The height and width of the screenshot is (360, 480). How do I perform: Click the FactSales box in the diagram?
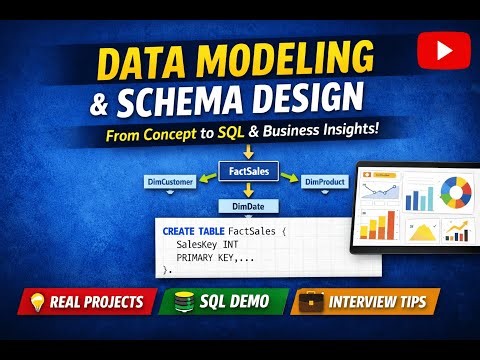(x=247, y=174)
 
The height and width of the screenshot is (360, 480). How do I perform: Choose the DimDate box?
(x=246, y=205)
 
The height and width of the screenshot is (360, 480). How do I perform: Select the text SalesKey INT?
(x=206, y=244)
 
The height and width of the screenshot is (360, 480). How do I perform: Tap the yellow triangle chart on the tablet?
(x=423, y=232)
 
